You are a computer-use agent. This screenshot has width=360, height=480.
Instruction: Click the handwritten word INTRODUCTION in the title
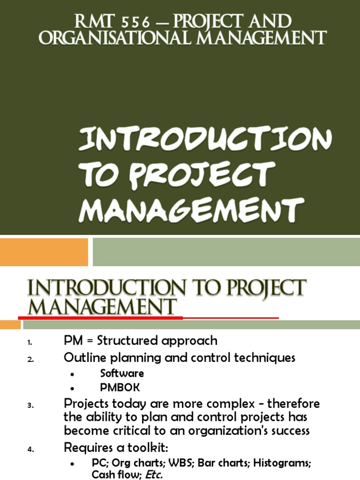coord(205,140)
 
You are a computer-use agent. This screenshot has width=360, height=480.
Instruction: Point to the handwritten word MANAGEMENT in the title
coord(191,209)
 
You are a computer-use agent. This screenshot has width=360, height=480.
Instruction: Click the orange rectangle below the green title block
coord(44,252)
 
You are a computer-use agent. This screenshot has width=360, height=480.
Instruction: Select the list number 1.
coord(30,343)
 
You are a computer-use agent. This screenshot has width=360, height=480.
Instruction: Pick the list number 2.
coord(30,360)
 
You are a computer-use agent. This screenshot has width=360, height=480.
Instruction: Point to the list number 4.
coord(30,450)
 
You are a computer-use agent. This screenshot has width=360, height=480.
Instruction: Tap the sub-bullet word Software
coord(122,374)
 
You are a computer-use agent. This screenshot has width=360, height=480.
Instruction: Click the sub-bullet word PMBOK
coord(120,388)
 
